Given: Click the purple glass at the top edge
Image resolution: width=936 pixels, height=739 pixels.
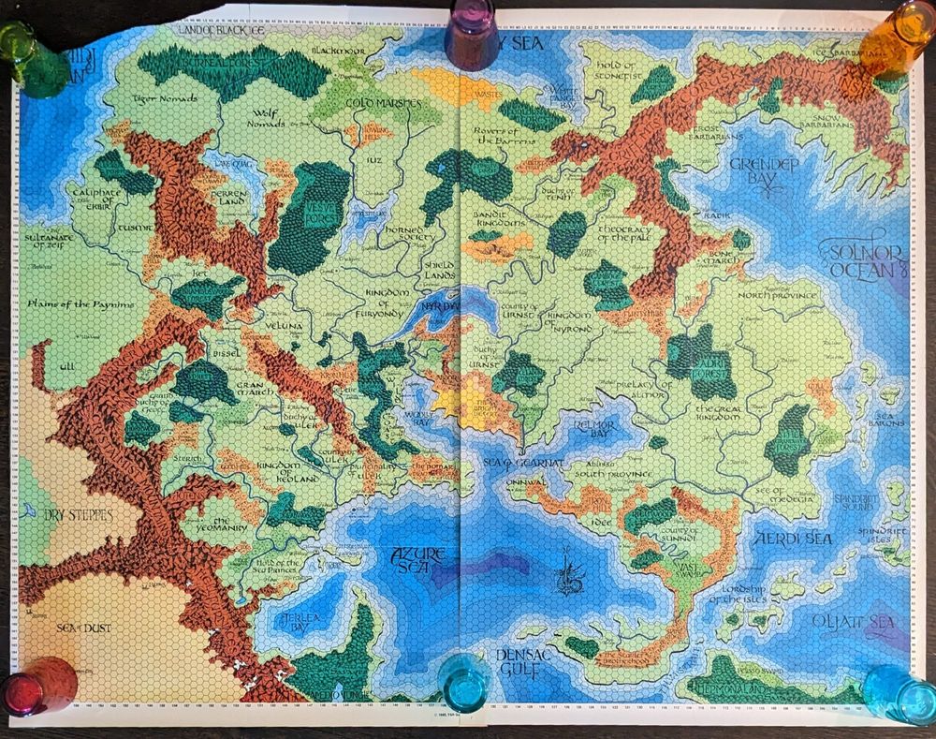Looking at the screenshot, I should coord(472,34).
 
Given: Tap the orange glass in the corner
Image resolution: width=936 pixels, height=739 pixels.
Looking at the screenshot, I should coord(896,37).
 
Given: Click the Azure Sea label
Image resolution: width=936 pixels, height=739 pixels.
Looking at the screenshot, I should coord(416,560).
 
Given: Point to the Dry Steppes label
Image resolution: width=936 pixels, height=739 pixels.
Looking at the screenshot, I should coord(79,515).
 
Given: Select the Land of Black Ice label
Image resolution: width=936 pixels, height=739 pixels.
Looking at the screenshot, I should coord(217,31).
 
